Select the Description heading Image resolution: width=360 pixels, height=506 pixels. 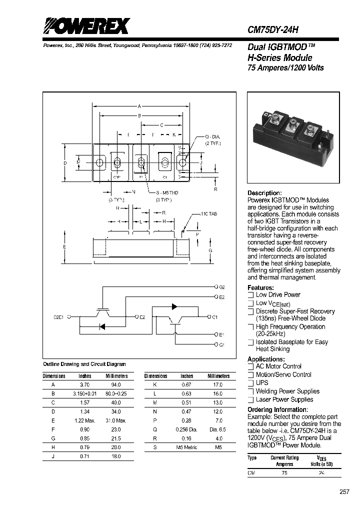[x=264, y=193]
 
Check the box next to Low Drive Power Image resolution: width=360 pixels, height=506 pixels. [x=250, y=295]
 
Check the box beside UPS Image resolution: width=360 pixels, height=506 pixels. [x=250, y=383]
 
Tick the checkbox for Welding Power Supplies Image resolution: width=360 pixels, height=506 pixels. [x=250, y=391]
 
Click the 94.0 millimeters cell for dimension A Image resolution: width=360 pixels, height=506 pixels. [x=116, y=384]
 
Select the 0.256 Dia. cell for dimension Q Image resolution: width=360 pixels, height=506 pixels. [x=186, y=429]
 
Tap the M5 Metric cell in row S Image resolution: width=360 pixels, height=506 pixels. [x=186, y=447]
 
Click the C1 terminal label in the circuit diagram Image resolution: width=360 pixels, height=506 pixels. [x=215, y=317]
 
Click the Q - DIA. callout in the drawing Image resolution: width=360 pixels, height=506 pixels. [x=212, y=136]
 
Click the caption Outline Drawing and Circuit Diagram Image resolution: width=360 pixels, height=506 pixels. [x=84, y=364]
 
